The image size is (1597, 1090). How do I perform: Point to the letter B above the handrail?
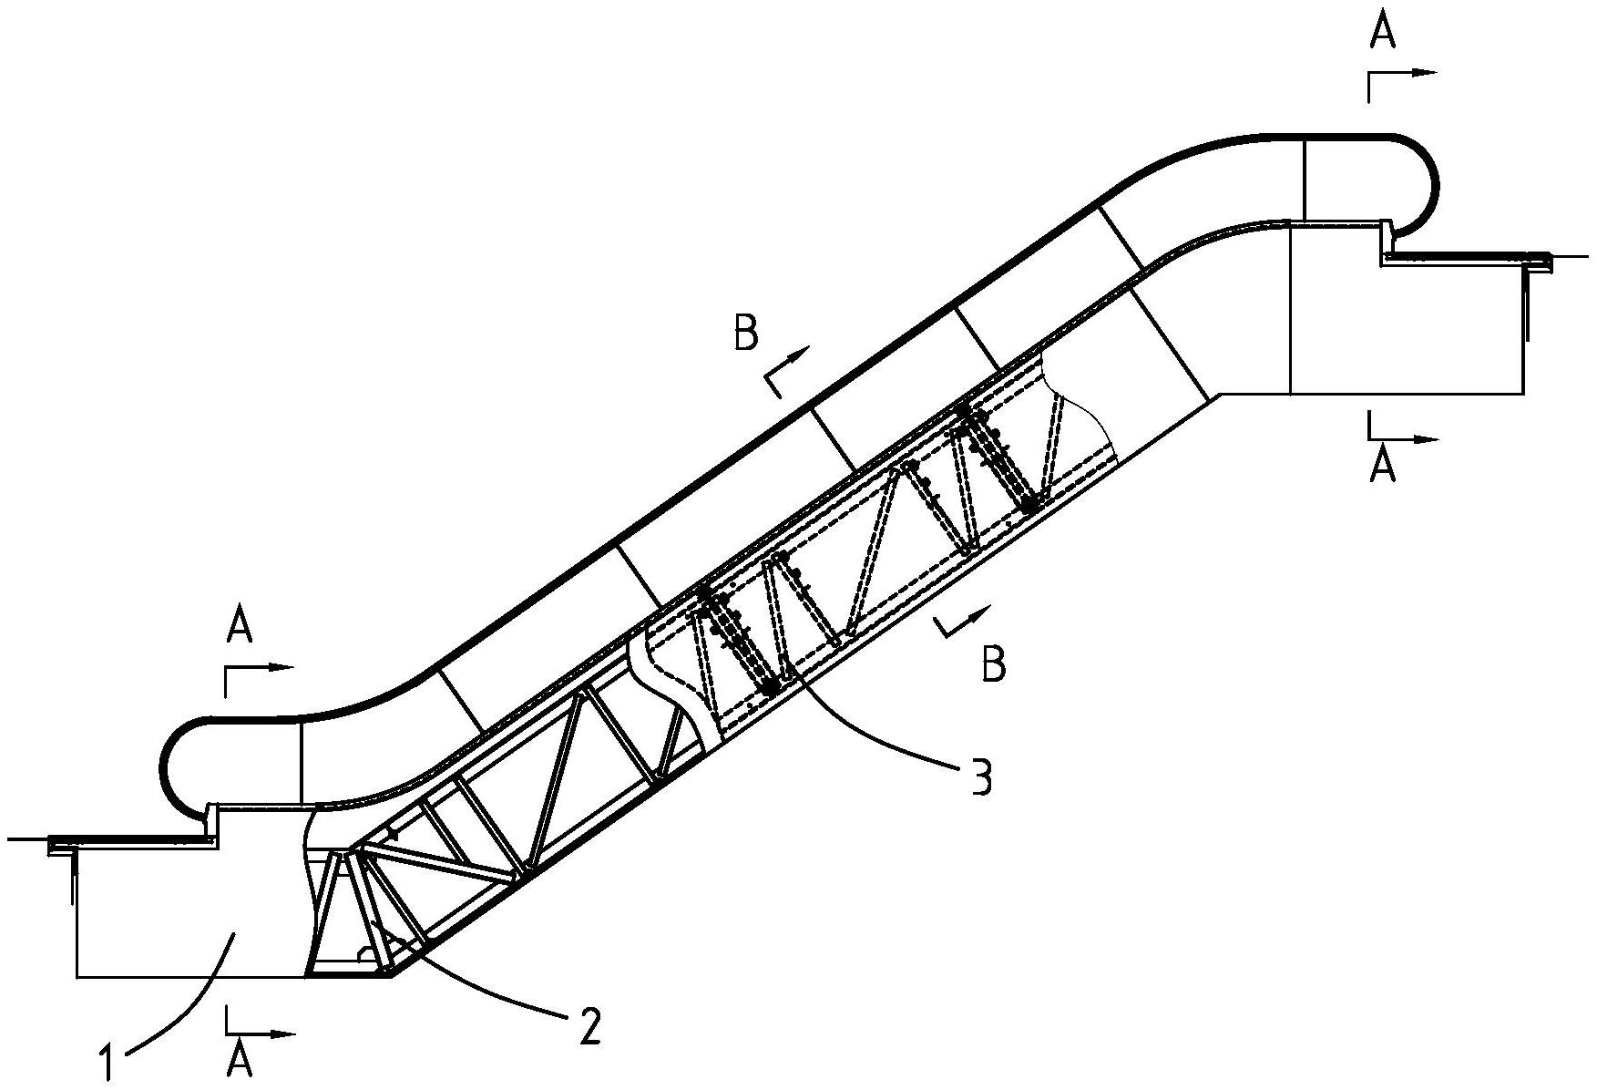point(745,334)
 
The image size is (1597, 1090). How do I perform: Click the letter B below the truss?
point(994,664)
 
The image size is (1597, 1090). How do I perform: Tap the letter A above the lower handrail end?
point(239,627)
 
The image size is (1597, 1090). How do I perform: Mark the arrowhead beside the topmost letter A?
point(1428,73)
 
